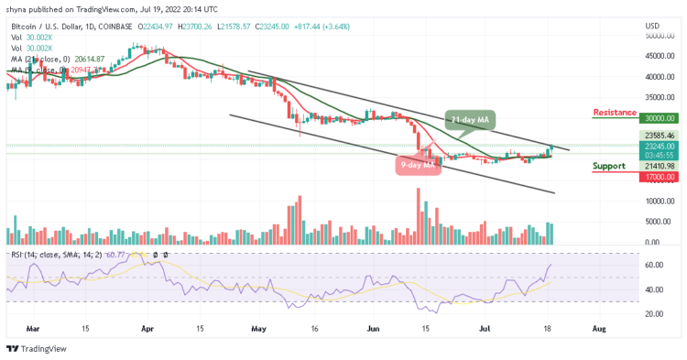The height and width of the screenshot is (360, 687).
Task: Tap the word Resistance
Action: point(615,113)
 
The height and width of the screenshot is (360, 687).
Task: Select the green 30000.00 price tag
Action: point(659,118)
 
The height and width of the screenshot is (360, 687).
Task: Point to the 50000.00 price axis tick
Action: point(659,36)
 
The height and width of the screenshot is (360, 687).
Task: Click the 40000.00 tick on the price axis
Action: point(659,77)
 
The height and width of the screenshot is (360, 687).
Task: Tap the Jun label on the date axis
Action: point(372,325)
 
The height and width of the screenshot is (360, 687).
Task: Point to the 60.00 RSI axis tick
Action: point(654,265)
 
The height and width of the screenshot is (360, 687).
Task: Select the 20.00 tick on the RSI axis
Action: point(654,312)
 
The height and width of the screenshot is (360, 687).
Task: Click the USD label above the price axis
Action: point(653,25)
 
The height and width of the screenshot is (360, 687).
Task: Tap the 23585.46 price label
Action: point(659,135)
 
